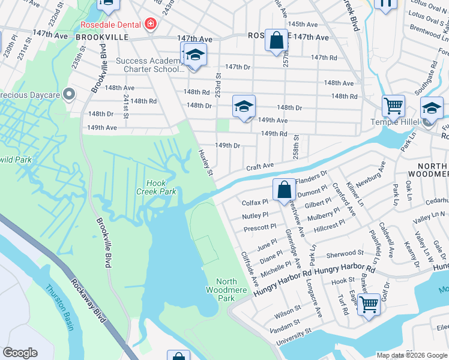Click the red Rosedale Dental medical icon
(x=149, y=25)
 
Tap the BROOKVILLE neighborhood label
(x=103, y=37)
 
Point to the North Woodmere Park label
(x=226, y=290)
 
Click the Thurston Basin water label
(x=61, y=307)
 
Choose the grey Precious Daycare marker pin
(x=70, y=94)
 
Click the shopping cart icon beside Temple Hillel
(x=393, y=106)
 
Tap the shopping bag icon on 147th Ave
(x=276, y=41)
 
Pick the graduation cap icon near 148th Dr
(x=244, y=106)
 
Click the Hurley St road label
(x=205, y=163)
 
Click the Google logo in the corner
(x=20, y=353)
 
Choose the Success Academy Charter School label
(x=147, y=65)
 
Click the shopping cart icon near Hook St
(x=369, y=304)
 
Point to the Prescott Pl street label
(x=260, y=228)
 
